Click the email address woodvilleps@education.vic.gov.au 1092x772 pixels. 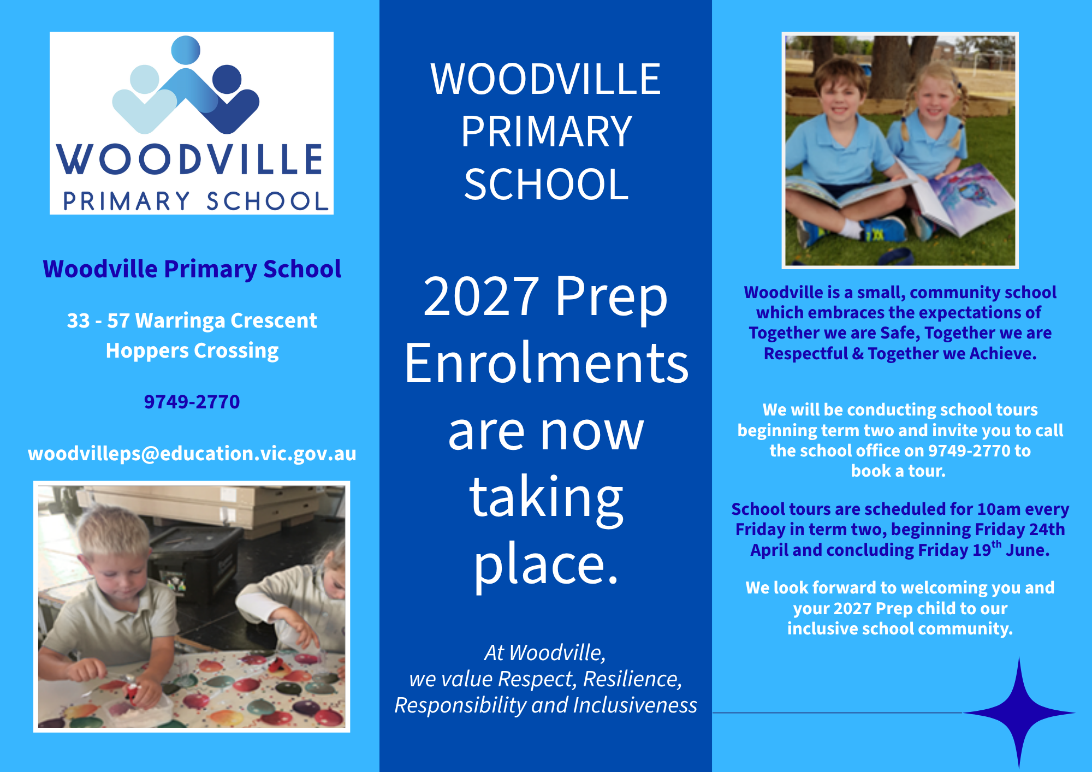click(x=192, y=454)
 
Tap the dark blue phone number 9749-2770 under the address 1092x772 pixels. click(x=192, y=402)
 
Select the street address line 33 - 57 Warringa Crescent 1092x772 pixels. click(x=192, y=320)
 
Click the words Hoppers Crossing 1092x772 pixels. click(x=192, y=351)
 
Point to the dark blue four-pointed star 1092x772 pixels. click(x=1019, y=712)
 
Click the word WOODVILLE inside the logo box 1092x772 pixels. click(x=191, y=159)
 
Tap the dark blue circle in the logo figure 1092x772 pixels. click(x=227, y=79)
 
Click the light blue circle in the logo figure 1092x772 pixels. click(x=145, y=80)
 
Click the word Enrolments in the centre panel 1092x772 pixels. click(x=546, y=364)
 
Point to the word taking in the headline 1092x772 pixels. click(x=546, y=498)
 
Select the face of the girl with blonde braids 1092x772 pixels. click(x=935, y=102)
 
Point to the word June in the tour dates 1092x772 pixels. click(x=1027, y=550)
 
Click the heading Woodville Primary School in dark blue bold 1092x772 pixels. click(x=192, y=269)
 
